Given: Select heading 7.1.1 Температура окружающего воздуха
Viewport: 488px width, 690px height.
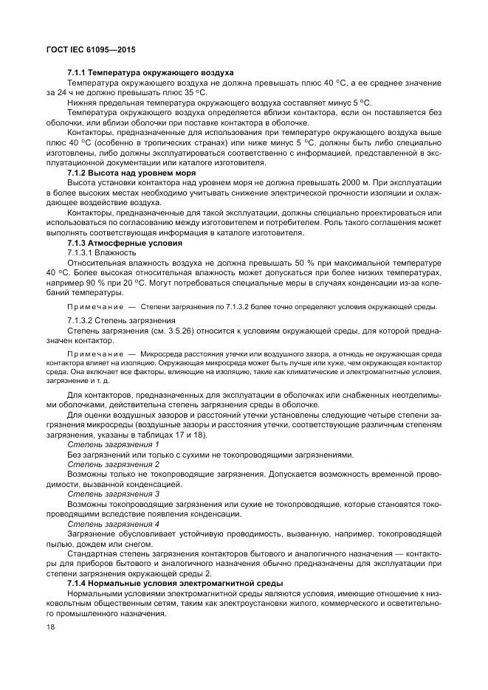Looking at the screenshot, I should coord(150,73).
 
